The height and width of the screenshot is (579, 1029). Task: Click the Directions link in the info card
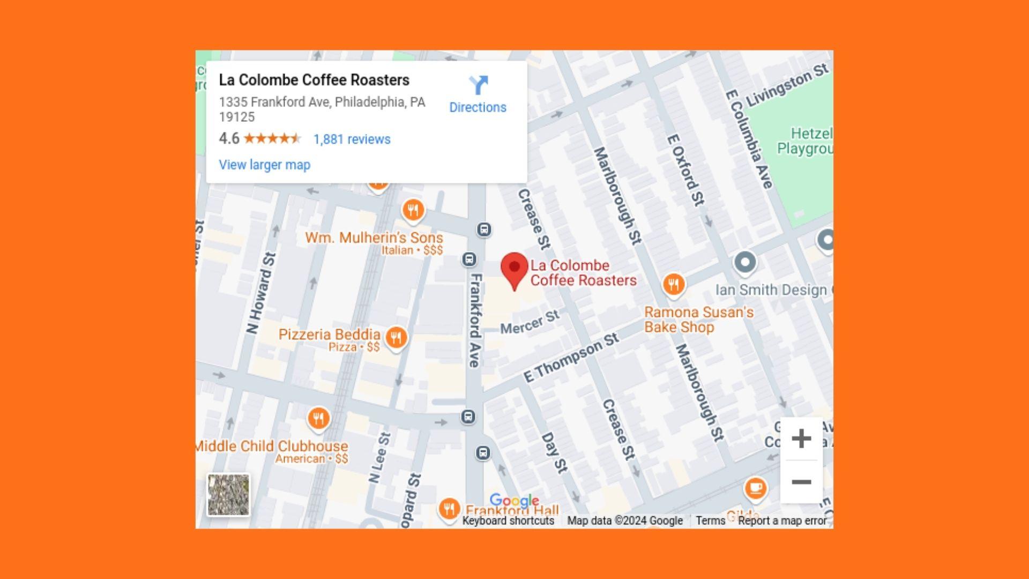pyautogui.click(x=478, y=94)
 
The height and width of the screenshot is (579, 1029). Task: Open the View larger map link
pyautogui.click(x=264, y=165)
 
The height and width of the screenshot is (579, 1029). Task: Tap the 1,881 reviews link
pyautogui.click(x=352, y=139)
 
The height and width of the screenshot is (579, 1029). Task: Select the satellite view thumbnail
pyautogui.click(x=228, y=494)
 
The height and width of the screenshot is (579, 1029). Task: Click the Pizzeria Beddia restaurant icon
pyautogui.click(x=396, y=338)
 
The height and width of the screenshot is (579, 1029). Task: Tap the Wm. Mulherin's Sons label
pyautogui.click(x=374, y=237)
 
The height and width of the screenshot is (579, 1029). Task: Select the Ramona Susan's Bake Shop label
pyautogui.click(x=698, y=320)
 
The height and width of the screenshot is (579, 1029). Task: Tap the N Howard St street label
pyautogui.click(x=262, y=293)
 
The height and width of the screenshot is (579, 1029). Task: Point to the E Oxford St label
pyautogui.click(x=685, y=169)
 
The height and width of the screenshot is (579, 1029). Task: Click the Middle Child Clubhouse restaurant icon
pyautogui.click(x=318, y=418)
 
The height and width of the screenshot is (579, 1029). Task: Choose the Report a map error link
pyautogui.click(x=782, y=521)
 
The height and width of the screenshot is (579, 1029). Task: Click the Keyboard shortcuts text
pyautogui.click(x=508, y=521)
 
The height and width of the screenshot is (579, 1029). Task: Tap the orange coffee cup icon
pyautogui.click(x=756, y=488)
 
